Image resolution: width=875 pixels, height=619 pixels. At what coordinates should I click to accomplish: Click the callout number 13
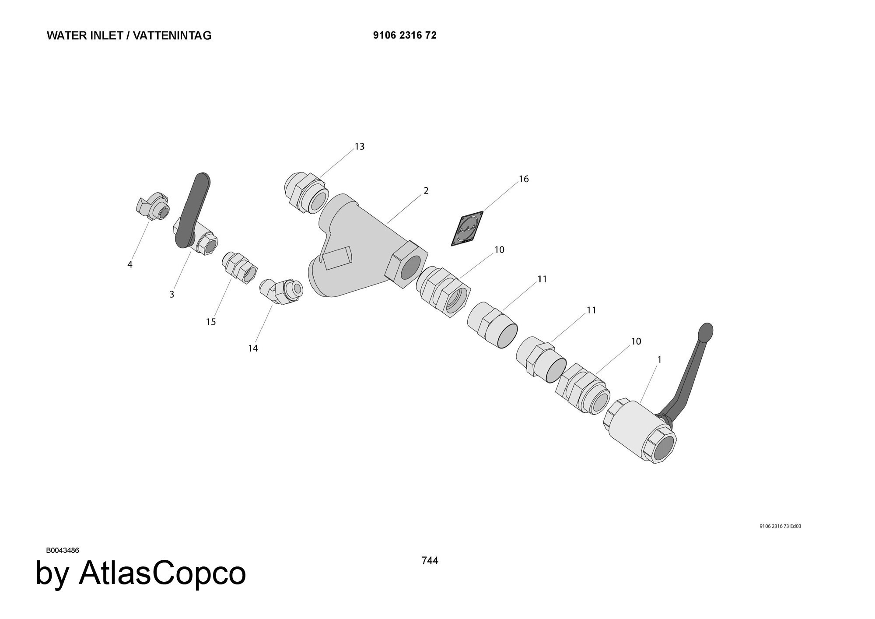tap(359, 147)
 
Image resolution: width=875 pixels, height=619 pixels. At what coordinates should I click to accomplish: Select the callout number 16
tap(524, 179)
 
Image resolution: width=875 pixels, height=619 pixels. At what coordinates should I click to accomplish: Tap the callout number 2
tap(426, 191)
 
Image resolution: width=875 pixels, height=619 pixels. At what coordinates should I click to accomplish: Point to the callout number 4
tap(130, 265)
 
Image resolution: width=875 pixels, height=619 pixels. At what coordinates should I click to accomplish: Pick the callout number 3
tap(172, 295)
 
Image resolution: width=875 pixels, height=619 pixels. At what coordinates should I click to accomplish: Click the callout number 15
tap(211, 322)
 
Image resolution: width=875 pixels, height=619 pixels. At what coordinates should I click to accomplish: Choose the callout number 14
tap(253, 348)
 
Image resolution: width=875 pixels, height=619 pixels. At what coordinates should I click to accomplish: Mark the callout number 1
tap(659, 360)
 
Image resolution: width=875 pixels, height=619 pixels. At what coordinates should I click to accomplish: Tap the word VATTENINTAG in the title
tap(172, 35)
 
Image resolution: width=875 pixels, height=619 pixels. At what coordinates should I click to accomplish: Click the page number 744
tap(430, 560)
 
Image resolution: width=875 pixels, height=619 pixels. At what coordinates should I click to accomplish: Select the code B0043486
tap(63, 550)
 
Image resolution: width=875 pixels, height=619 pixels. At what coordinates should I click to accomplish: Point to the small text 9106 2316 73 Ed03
tap(780, 526)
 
